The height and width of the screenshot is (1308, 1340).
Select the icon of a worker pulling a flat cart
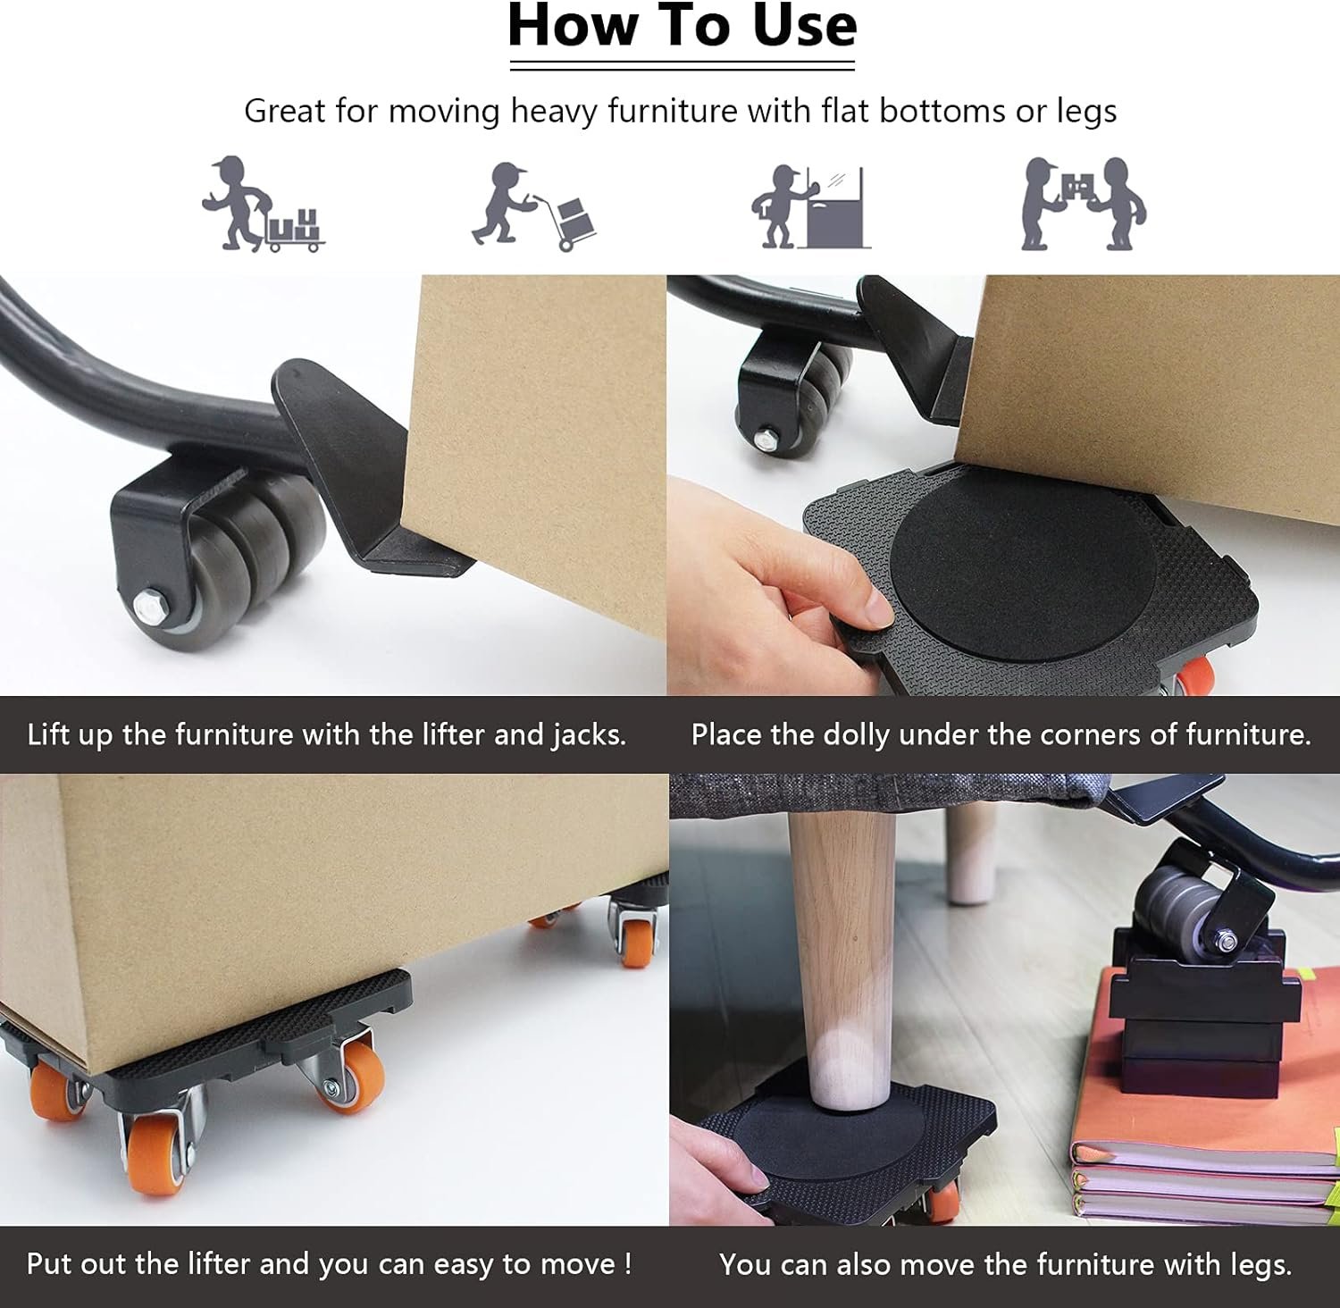click(x=263, y=204)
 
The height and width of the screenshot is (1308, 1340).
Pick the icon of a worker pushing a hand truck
click(x=534, y=206)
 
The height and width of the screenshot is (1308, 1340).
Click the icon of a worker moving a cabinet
click(x=810, y=206)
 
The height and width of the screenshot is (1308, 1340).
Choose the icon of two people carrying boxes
click(x=1084, y=204)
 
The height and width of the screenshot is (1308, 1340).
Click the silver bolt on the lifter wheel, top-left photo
click(x=149, y=603)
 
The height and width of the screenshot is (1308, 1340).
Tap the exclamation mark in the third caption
click(x=628, y=1263)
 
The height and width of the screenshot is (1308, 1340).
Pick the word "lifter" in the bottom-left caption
click(x=219, y=1263)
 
